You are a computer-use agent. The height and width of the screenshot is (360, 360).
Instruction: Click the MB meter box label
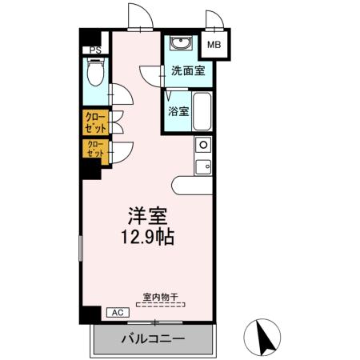pos(214,45)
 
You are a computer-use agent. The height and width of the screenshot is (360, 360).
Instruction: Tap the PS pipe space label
pos(96,50)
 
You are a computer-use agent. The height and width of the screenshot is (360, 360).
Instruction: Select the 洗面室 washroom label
pos(187,70)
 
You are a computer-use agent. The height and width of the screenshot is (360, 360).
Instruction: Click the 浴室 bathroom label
pos(178,111)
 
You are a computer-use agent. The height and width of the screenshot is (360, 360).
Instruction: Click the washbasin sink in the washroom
pos(180,43)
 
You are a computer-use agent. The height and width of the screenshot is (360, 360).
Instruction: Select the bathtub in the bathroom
pos(202,111)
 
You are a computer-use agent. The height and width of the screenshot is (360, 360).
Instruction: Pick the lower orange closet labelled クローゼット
pos(95,149)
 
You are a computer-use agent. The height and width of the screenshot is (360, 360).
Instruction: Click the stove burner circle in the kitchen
pos(203,146)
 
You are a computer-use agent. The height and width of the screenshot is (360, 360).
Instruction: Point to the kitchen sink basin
pos(203,166)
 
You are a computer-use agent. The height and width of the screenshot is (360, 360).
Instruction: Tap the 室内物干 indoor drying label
pos(161,296)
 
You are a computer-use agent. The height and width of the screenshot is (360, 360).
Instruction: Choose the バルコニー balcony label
pos(154,339)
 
